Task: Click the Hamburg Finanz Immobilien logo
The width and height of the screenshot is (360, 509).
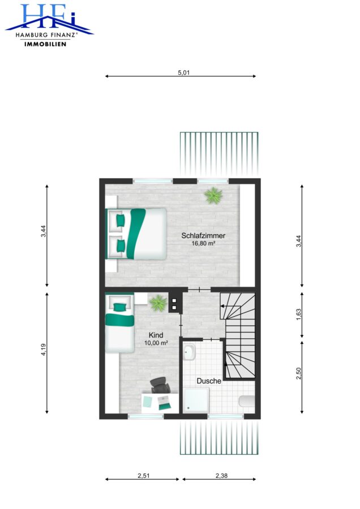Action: [49, 25]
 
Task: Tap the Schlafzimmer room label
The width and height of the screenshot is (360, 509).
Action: [203, 236]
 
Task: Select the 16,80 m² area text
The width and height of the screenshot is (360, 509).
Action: [203, 243]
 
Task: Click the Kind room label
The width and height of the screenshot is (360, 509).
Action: [156, 335]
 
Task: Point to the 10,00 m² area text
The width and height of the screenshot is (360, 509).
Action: [156, 343]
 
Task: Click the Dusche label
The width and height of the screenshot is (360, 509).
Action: [209, 381]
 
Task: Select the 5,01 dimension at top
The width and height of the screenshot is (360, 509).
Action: [183, 72]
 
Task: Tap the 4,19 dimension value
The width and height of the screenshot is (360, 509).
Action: [43, 350]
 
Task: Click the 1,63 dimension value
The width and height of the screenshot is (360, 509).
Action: [299, 314]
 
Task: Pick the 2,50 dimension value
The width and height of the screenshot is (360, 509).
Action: [299, 373]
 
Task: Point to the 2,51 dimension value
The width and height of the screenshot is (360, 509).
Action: [144, 476]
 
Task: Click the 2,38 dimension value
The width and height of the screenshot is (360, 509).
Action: [221, 476]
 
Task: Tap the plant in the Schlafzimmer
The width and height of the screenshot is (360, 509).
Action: [213, 196]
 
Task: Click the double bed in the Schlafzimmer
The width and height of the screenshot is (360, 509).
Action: [136, 234]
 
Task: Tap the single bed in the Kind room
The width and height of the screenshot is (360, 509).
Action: [119, 323]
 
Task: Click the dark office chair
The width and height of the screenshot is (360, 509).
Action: [160, 386]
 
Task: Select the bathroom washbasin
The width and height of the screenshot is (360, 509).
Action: [188, 352]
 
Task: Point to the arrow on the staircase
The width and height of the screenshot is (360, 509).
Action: [230, 306]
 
